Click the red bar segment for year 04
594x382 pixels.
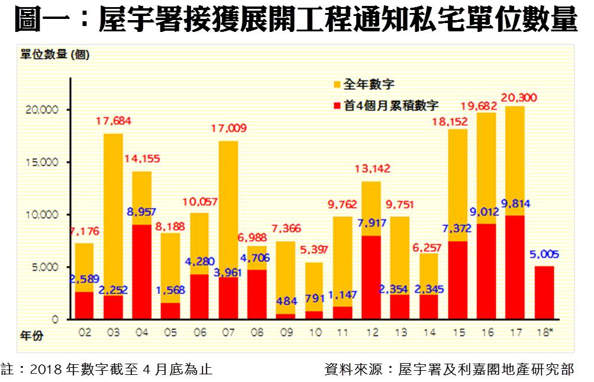pyautogui.click(x=141, y=272)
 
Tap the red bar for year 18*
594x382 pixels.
pyautogui.click(x=544, y=293)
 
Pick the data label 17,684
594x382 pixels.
pyautogui.click(x=113, y=121)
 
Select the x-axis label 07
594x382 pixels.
pyautogui.click(x=228, y=333)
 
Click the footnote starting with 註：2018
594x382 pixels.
pyautogui.click(x=106, y=370)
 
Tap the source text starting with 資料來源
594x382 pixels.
pyautogui.click(x=449, y=370)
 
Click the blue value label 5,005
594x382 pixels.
pyautogui.click(x=543, y=255)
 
